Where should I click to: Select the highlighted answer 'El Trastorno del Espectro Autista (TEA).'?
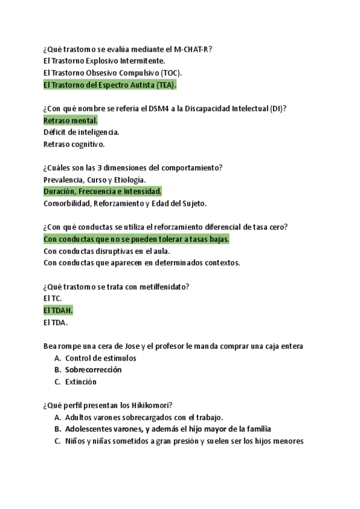(110, 85)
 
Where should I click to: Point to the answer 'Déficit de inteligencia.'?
(81, 132)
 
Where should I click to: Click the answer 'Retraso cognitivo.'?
(74, 144)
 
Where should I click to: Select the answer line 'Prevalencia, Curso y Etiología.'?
(94, 179)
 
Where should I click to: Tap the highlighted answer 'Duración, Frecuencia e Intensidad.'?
(103, 191)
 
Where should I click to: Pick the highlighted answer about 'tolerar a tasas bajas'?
(137, 239)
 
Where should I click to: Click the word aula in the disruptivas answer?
(158, 251)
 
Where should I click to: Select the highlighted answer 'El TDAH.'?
(58, 310)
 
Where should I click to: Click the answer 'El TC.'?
(53, 298)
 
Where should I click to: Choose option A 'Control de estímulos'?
(100, 358)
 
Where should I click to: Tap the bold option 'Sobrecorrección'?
(93, 370)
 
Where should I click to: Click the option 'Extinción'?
(81, 382)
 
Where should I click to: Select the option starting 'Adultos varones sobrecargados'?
(144, 417)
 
